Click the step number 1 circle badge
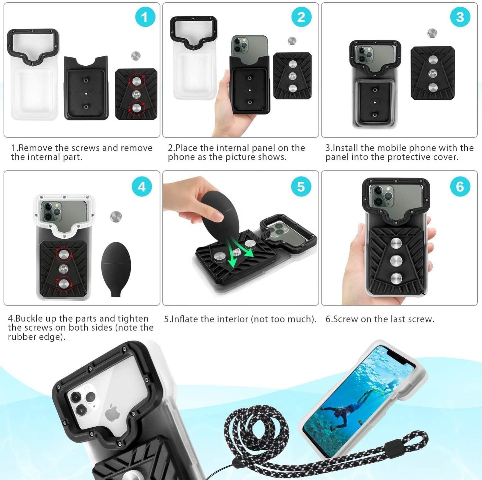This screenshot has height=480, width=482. tap(145, 17)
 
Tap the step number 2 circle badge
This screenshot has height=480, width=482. tap(301, 17)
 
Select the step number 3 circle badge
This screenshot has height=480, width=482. tap(460, 17)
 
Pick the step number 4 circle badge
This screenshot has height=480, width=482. tap(142, 187)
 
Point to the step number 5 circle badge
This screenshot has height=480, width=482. tap(301, 187)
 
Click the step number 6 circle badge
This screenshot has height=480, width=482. tap(460, 187)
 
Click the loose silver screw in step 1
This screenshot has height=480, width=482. tap(135, 56)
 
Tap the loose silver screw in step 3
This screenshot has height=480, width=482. tap(432, 33)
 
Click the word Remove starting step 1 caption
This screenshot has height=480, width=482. tap(36, 148)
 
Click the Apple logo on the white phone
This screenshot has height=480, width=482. tap(113, 413)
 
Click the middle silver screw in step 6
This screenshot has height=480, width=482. tap(396, 260)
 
